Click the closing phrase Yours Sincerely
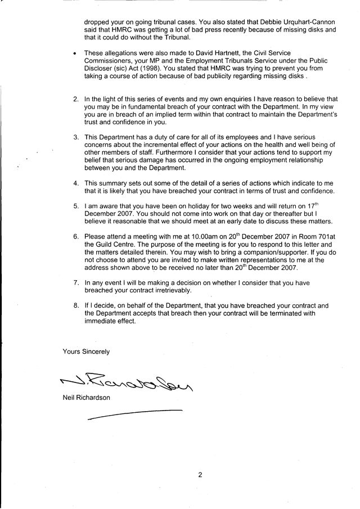point(86,352)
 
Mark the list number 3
point(75,137)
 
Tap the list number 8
point(75,305)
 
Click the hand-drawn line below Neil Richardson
point(136,414)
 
